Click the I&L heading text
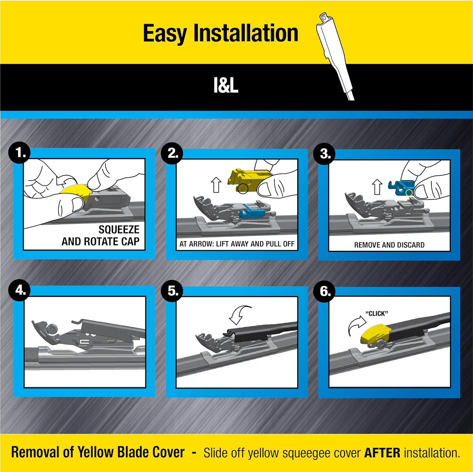[x=226, y=85]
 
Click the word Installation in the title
[x=246, y=33]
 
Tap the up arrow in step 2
[x=216, y=185]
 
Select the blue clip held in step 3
[x=401, y=188]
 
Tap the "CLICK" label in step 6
[x=377, y=314]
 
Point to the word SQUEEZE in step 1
[x=119, y=229]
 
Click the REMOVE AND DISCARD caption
[x=389, y=245]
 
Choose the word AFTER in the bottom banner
[x=382, y=453]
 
